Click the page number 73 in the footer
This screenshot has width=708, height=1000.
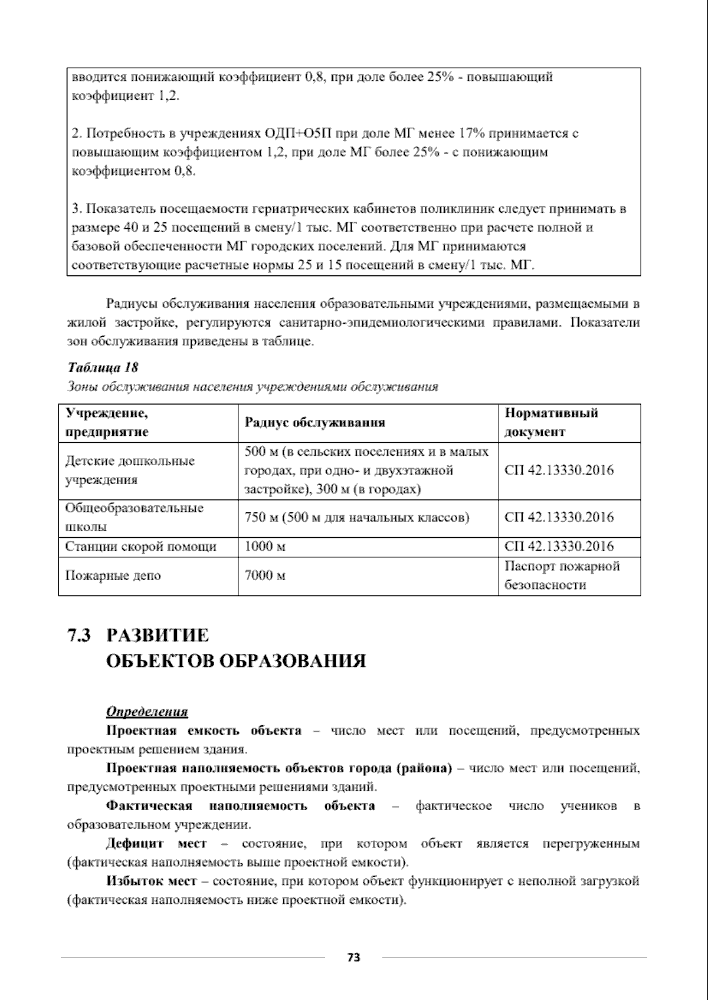[x=353, y=958]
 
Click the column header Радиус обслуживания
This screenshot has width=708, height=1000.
[x=314, y=422]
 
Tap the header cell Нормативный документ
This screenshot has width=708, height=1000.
[x=551, y=422]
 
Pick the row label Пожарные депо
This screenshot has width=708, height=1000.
[x=113, y=575]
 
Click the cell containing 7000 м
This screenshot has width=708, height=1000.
[x=265, y=575]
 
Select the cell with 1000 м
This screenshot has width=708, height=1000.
[x=265, y=547]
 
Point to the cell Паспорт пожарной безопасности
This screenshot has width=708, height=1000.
[x=562, y=575]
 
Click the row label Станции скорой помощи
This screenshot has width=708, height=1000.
[x=140, y=547]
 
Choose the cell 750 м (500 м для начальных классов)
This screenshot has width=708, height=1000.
[x=357, y=518]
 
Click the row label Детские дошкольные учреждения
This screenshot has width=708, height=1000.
[x=129, y=470]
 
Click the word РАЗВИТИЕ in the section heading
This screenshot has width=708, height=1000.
[x=158, y=636]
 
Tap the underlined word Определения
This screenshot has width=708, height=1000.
[x=146, y=712]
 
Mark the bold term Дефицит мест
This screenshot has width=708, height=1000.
[x=156, y=844]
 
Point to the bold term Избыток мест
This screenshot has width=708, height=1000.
[x=151, y=881]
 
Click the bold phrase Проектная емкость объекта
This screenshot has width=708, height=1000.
[x=204, y=731]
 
